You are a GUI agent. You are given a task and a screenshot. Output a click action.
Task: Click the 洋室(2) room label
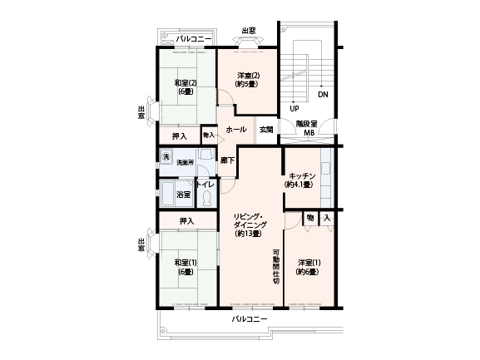click(x=249, y=75)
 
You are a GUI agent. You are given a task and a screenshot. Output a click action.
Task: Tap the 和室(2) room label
click(x=186, y=83)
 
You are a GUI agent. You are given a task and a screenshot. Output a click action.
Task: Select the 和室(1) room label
click(x=186, y=263)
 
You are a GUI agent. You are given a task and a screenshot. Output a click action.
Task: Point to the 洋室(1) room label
click(x=309, y=263)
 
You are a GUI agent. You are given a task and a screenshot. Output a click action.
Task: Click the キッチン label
click(x=302, y=176)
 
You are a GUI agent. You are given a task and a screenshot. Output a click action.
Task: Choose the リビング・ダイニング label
click(x=249, y=221)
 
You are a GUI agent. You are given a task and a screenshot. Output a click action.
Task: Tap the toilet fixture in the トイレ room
click(x=207, y=198)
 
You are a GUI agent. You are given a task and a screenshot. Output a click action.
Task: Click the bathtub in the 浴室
click(x=168, y=195)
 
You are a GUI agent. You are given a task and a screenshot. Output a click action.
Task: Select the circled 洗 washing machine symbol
click(x=166, y=157)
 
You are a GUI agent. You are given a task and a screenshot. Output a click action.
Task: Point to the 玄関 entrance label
click(x=266, y=130)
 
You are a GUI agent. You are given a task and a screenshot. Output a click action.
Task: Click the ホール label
click(x=236, y=130)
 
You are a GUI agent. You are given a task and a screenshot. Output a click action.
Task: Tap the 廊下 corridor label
click(x=228, y=160)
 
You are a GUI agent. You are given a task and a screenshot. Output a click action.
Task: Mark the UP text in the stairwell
click(x=294, y=109)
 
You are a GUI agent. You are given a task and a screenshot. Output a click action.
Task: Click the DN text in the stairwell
click(x=323, y=95)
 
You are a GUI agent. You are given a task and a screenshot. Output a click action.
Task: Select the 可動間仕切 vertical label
click(x=276, y=267)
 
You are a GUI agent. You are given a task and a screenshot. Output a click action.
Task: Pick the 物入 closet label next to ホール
click(x=209, y=135)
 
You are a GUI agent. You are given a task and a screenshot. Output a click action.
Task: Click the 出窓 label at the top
click(x=249, y=31)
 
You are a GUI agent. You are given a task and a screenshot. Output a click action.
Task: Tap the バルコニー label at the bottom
click(x=250, y=319)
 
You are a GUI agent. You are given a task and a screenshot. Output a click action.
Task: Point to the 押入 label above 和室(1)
click(x=186, y=221)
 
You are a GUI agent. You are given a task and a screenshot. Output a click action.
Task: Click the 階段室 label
click(x=306, y=124)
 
